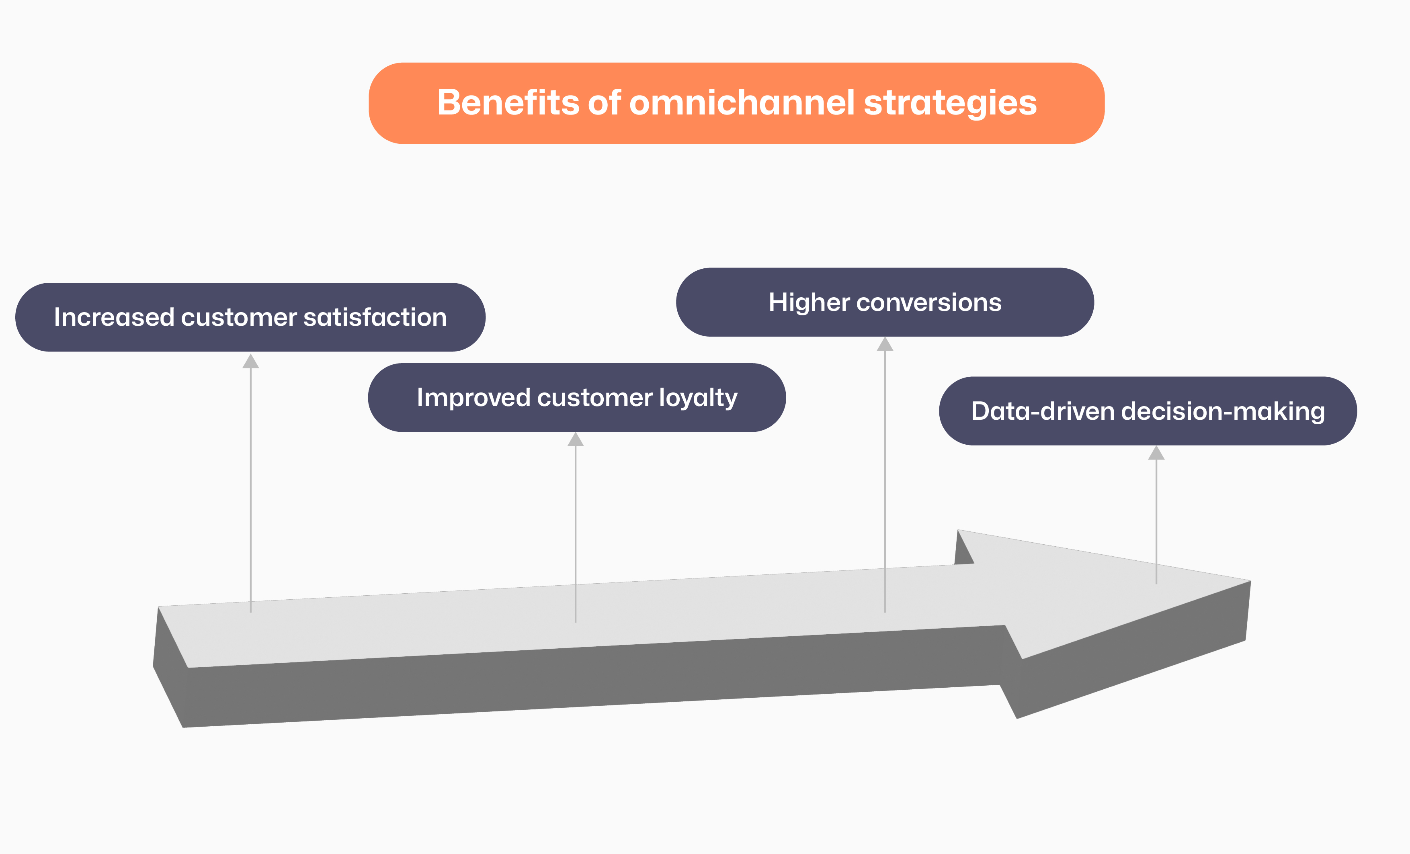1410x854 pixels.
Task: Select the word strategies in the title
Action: [x=950, y=104]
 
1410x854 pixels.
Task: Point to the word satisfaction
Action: [x=375, y=317]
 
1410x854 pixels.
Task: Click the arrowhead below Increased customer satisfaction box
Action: [x=251, y=362]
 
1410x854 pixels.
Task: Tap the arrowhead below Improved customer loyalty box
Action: [x=576, y=440]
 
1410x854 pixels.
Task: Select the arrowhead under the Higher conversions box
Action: [x=885, y=344]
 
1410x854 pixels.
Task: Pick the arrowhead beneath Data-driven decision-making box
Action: [x=1156, y=453]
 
